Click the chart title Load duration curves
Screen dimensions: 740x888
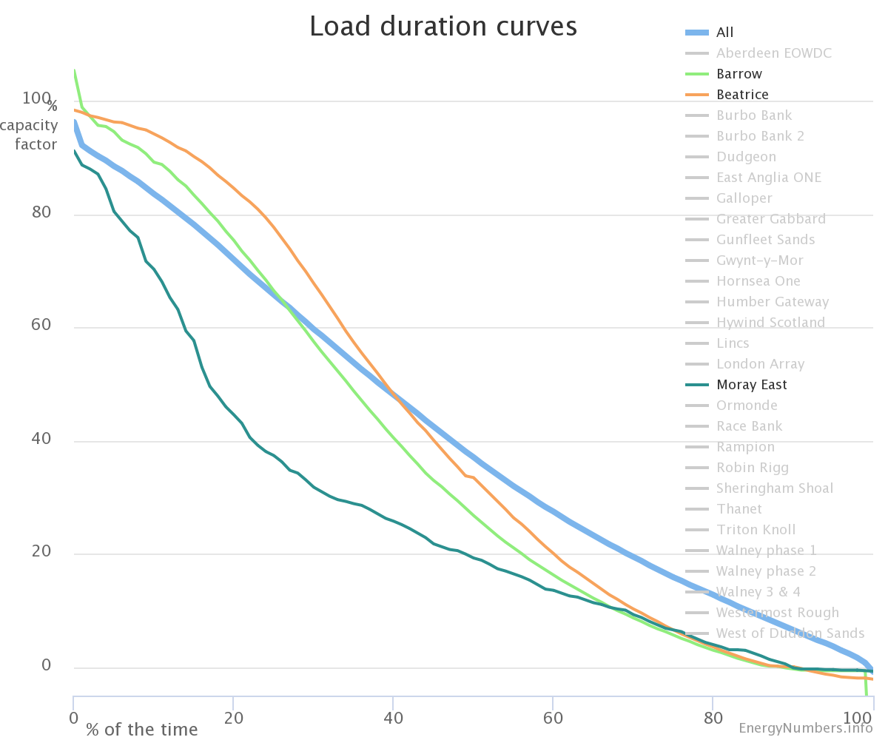click(443, 27)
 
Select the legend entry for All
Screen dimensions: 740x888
click(724, 33)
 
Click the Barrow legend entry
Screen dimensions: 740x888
click(739, 74)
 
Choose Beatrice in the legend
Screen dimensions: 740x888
click(742, 95)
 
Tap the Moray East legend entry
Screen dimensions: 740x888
click(751, 385)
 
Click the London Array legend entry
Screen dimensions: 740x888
click(760, 364)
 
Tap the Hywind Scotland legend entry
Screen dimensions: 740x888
click(770, 323)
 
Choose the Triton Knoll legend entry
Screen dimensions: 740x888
click(756, 530)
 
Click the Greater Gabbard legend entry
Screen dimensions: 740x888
click(770, 219)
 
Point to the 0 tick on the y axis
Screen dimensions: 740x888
click(46, 666)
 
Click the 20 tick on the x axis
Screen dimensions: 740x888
click(234, 718)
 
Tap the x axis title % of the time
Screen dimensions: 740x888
click(141, 730)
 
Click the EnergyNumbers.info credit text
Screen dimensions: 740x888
click(805, 729)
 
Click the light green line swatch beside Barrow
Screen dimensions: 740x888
click(697, 74)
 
